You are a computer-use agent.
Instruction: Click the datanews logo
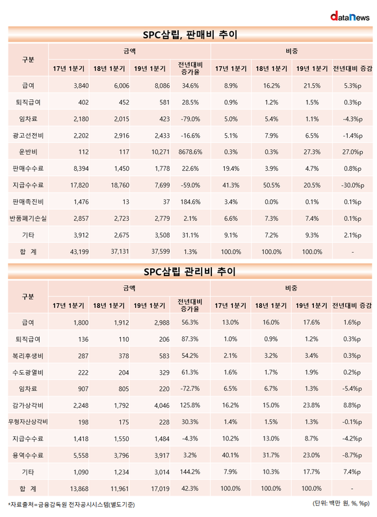click(x=350, y=16)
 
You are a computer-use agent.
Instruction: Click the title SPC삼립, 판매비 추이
click(x=190, y=34)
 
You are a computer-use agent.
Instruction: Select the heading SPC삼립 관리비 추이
click(x=190, y=271)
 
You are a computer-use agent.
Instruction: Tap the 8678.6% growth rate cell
click(x=190, y=152)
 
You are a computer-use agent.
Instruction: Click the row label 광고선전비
click(x=28, y=136)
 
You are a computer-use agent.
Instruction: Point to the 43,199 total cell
click(x=79, y=251)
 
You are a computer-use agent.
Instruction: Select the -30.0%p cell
click(x=352, y=185)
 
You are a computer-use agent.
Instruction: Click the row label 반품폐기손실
click(x=28, y=218)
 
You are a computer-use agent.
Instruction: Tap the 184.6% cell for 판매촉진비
click(x=190, y=202)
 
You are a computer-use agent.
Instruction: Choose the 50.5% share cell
click(x=272, y=185)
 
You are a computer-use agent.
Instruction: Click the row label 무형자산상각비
click(x=28, y=422)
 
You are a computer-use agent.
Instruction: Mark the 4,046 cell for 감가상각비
click(x=162, y=405)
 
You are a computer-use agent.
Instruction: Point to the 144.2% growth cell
click(x=190, y=472)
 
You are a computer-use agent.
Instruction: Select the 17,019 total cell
click(x=161, y=488)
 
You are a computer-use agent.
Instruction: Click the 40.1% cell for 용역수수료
click(x=230, y=455)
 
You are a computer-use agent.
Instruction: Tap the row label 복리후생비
click(x=28, y=356)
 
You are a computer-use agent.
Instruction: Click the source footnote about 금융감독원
click(x=71, y=505)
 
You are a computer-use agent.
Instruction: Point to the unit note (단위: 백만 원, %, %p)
click(x=341, y=503)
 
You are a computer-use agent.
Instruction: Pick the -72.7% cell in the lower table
click(x=190, y=389)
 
